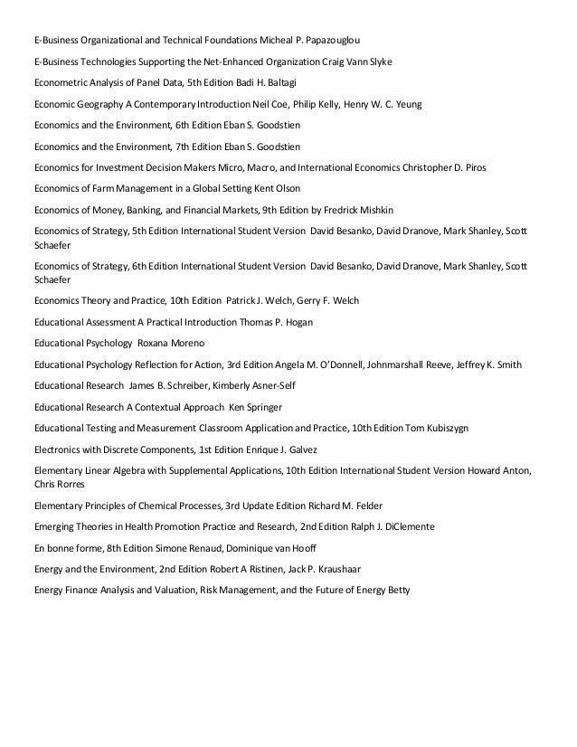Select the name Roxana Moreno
click(x=173, y=344)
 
